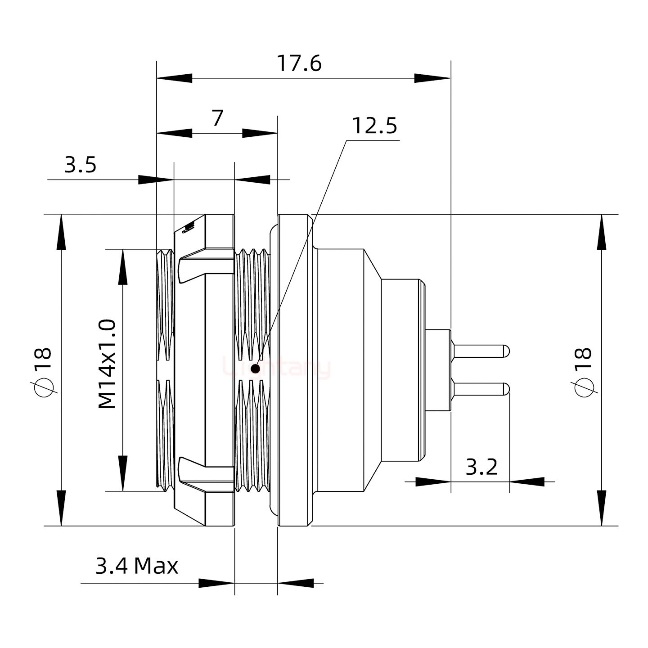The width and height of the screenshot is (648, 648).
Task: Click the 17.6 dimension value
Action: (299, 63)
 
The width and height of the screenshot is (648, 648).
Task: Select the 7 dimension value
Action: (217, 118)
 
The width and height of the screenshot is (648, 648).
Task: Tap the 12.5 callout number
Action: (374, 126)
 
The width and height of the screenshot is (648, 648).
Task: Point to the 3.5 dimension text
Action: (81, 165)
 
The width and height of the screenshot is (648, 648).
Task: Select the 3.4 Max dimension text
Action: (137, 566)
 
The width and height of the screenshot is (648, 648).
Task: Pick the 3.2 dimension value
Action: (481, 467)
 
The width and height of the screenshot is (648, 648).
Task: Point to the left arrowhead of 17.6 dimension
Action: (174, 78)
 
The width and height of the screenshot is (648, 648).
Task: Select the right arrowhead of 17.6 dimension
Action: (432, 78)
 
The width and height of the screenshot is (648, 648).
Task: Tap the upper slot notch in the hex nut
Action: (193, 268)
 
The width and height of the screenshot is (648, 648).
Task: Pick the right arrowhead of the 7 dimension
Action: (260, 133)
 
